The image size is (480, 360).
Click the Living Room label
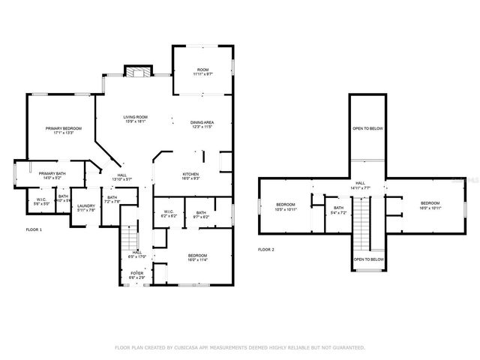[x=135, y=117]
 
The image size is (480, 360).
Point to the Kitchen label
[x=190, y=174]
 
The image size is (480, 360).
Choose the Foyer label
[x=137, y=272]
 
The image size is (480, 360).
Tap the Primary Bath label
[x=52, y=174]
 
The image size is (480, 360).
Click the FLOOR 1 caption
[x=34, y=229]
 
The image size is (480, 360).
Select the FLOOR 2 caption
[x=266, y=249]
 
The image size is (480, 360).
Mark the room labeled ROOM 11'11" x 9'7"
[x=202, y=73]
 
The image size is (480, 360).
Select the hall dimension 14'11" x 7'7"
[x=361, y=187]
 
